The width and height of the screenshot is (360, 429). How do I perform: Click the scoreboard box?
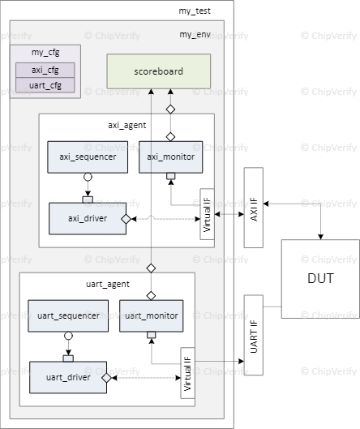pyautogui.click(x=159, y=71)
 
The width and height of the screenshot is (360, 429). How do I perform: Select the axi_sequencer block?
pyautogui.click(x=88, y=156)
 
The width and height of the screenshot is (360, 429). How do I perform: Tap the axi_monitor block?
pyautogui.click(x=170, y=156)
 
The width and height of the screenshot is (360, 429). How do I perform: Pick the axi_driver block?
pyautogui.click(x=88, y=218)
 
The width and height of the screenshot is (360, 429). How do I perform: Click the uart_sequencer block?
pyautogui.click(x=69, y=315)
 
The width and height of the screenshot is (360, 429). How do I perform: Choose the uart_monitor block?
pyautogui.click(x=151, y=315)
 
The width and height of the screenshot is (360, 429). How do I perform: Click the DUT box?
pyautogui.click(x=319, y=278)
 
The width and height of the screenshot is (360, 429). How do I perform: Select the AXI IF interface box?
pyautogui.click(x=255, y=208)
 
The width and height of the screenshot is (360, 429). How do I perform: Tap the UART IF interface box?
pyautogui.click(x=255, y=335)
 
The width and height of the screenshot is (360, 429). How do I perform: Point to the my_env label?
pyautogui.click(x=195, y=35)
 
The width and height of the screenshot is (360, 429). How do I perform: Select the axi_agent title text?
pyautogui.click(x=125, y=125)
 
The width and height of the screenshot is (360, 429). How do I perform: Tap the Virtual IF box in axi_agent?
pyautogui.click(x=206, y=214)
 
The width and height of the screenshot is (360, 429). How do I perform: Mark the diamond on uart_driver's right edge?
pyautogui.click(x=106, y=378)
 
